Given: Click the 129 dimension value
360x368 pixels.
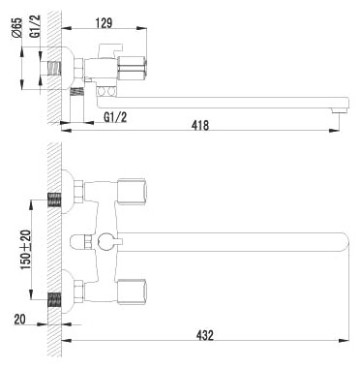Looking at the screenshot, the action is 104,23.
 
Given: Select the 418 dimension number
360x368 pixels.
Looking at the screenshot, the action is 200,125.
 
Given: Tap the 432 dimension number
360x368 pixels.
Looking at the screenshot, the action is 205,335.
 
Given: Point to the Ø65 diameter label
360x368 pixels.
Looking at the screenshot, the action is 17,28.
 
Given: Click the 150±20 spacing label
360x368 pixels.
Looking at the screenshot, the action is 26,250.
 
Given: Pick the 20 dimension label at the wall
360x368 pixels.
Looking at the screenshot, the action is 19,320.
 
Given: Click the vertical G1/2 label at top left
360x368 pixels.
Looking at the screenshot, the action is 36,26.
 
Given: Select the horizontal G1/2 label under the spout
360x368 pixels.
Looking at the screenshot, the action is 115,117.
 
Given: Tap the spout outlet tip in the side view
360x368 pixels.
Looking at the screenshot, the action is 339,110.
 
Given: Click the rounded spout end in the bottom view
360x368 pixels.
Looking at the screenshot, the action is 345,242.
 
